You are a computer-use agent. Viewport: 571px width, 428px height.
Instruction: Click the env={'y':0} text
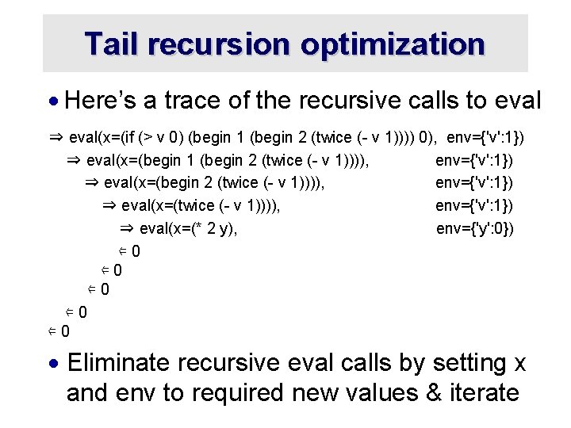pos(474,229)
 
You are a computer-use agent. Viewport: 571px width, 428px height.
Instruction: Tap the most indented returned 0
pos(136,251)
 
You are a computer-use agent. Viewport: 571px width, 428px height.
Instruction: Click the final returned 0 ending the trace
pos(65,331)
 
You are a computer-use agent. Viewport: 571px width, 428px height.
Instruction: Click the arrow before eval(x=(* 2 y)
pos(127,229)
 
